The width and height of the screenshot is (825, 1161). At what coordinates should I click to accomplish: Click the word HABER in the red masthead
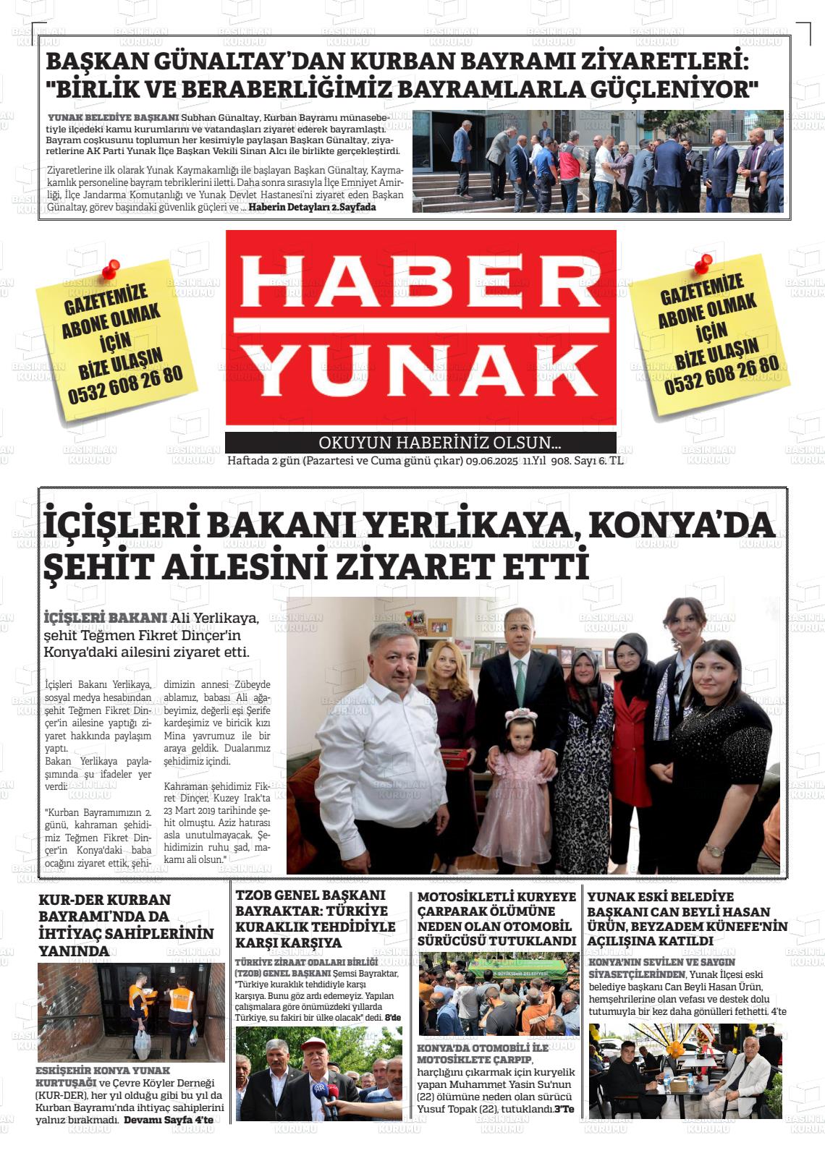pos(421,281)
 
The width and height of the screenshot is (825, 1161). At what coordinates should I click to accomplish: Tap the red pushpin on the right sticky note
pos(703,263)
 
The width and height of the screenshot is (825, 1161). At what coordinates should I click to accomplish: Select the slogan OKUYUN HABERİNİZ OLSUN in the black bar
pos(439,443)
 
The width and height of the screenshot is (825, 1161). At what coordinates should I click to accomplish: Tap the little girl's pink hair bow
pos(521,716)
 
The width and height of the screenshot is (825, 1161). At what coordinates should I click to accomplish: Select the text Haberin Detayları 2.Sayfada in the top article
pos(313,207)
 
